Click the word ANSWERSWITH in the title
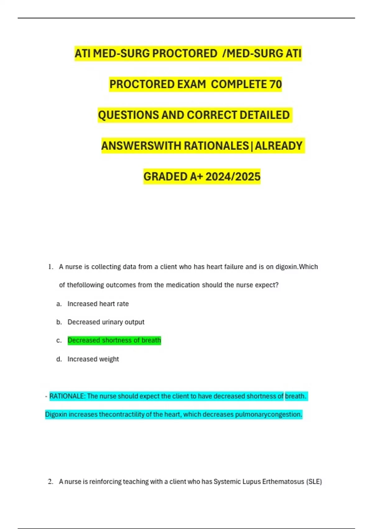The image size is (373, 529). [141, 146]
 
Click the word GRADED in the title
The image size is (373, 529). [165, 177]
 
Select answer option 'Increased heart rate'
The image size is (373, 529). [98, 304]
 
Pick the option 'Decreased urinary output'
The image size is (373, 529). [106, 322]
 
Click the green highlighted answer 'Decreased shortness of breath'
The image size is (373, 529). [114, 340]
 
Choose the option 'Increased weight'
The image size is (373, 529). [93, 359]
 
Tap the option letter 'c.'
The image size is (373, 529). [59, 340]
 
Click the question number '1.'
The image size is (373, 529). [51, 267]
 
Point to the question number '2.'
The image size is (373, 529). [51, 482]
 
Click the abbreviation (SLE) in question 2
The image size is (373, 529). [314, 482]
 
